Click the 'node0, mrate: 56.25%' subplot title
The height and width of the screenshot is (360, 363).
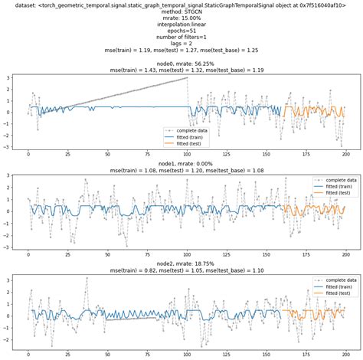[x=181, y=63]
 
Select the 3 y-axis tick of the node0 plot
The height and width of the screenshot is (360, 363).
[x=8, y=77]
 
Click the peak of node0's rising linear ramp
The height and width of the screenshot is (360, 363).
[x=187, y=77]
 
